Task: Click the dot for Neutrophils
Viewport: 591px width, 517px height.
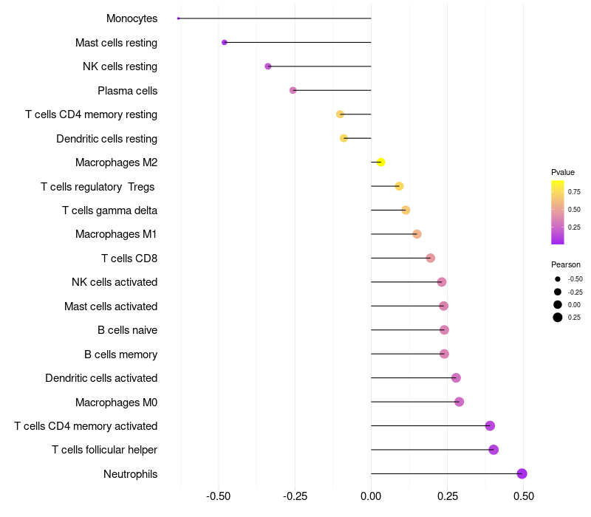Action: [522, 473]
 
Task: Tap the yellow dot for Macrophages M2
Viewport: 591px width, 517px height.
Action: [380, 162]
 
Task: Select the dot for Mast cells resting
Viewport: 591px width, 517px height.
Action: [225, 42]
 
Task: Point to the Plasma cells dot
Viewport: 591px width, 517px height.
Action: [293, 90]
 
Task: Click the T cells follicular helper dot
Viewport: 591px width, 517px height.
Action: [493, 450]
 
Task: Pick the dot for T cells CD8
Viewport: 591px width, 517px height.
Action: [431, 258]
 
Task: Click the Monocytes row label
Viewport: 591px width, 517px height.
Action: [131, 18]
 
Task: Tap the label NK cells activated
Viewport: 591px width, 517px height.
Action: [115, 282]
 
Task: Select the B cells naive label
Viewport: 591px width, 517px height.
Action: [127, 330]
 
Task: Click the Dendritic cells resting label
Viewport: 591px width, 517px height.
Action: [106, 138]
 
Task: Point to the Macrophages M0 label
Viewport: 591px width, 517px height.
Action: [116, 402]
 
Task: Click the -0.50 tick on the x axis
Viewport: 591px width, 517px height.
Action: [218, 496]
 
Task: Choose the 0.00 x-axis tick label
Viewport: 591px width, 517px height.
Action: [371, 496]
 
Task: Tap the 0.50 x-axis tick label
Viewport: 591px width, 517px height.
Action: [524, 496]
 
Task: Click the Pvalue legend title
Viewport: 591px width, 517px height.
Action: [563, 172]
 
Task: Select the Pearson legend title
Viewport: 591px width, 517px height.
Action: [566, 264]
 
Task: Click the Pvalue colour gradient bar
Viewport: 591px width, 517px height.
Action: [558, 212]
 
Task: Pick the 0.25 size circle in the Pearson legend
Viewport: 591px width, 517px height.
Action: [558, 318]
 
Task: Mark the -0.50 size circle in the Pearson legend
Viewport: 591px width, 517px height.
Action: [558, 279]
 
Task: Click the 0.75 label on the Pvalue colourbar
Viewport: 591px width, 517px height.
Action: [574, 192]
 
